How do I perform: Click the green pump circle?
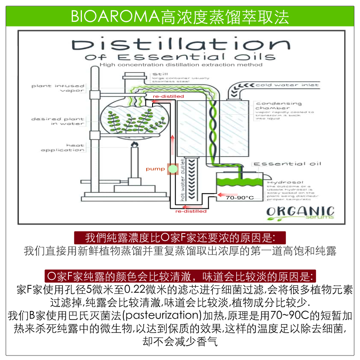click(172, 169)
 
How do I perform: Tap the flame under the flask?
click(134, 145)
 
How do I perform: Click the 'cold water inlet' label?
click(287, 85)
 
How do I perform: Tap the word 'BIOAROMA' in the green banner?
click(114, 17)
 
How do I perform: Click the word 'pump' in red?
click(153, 169)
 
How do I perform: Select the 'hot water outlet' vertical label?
click(183, 180)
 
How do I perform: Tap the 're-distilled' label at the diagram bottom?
click(191, 211)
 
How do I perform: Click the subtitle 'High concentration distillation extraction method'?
click(181, 65)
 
